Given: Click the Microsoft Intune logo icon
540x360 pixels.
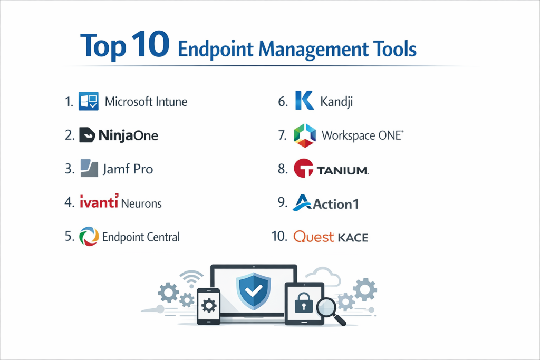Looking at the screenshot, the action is click(89, 101).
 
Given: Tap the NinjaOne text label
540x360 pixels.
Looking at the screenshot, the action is click(129, 135).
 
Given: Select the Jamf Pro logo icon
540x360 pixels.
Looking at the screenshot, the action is click(89, 168).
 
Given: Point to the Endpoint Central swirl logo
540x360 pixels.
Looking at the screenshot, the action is click(89, 237).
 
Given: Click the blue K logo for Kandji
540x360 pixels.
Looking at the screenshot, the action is click(304, 100).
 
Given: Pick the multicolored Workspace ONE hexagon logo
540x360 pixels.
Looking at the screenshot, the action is click(305, 135).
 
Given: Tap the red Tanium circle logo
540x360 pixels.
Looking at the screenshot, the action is click(303, 168).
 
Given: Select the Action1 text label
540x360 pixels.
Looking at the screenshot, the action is click(336, 205).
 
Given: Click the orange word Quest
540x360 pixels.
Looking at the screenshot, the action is click(314, 237).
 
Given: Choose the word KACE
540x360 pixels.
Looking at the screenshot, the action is click(353, 238).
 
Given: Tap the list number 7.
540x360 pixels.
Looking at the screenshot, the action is click(283, 135).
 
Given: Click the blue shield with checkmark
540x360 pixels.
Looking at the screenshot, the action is click(254, 291).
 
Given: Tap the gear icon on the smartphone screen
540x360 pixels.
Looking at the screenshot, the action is click(209, 306).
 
